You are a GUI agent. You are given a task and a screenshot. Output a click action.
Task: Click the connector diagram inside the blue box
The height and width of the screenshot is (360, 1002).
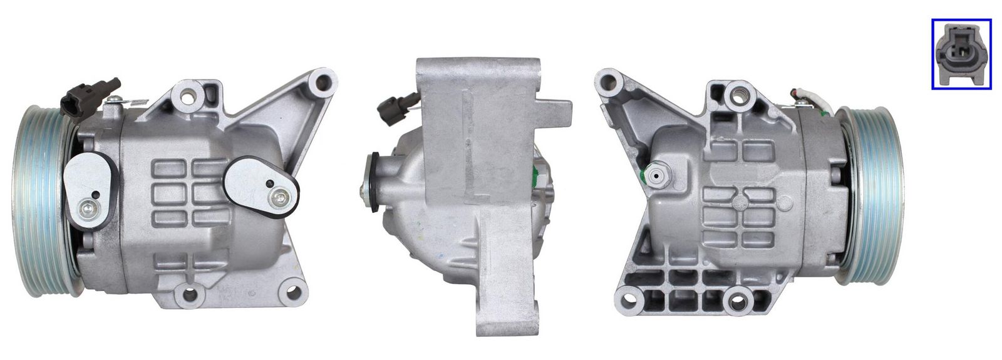click(961, 53)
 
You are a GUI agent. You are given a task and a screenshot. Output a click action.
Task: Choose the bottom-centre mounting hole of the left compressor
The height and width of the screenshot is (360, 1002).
click(185, 292)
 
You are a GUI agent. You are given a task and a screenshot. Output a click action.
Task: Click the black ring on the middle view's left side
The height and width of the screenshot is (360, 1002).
click(373, 182)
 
